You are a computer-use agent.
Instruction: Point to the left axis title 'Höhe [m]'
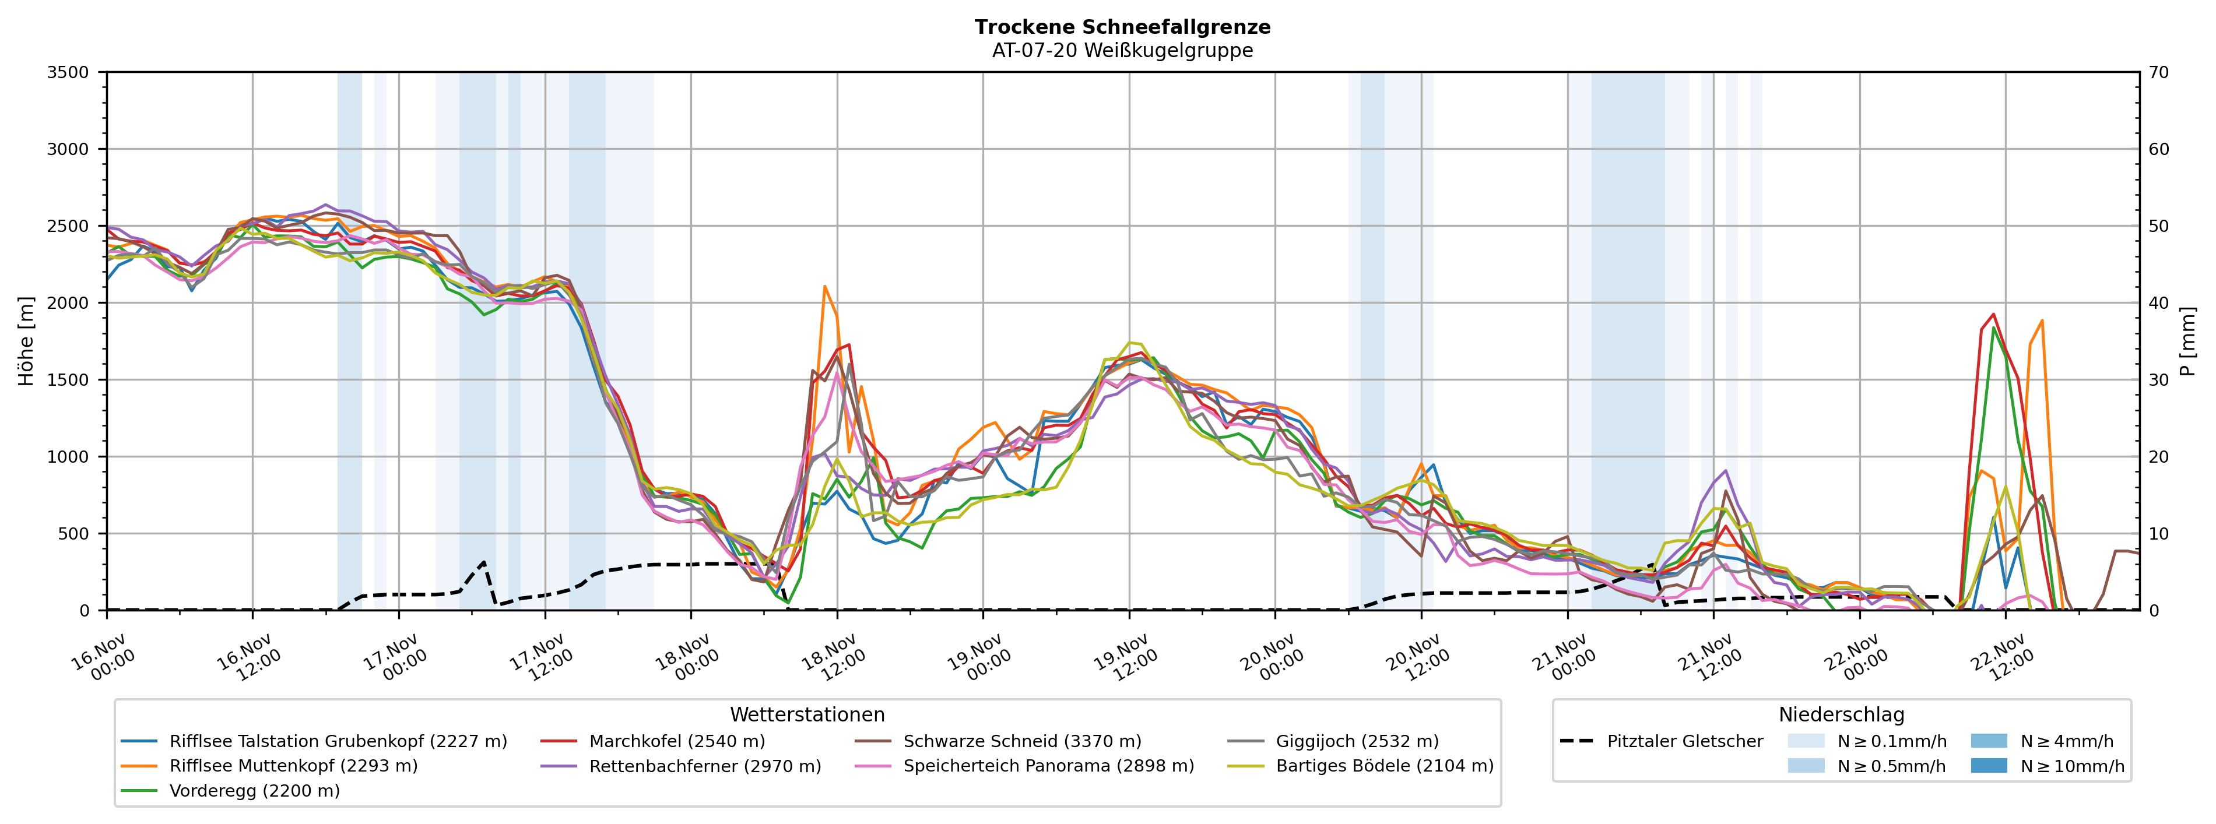26,341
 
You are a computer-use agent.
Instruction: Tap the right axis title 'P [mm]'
2187,341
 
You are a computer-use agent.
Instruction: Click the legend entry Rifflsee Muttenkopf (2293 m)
293,766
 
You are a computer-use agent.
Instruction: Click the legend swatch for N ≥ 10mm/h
1988,766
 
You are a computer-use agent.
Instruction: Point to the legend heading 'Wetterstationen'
807,715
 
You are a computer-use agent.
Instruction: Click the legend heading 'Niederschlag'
1841,715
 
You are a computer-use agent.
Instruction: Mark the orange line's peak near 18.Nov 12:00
824,287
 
